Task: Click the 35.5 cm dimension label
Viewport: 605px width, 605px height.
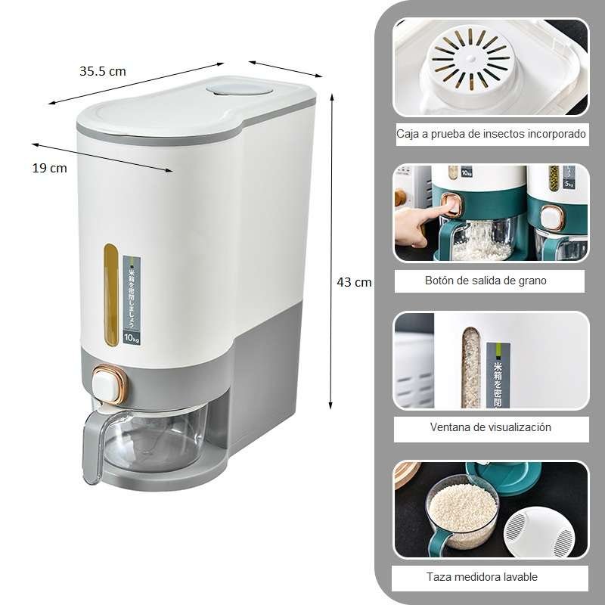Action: coord(103,72)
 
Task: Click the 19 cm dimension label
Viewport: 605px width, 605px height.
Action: coord(49,168)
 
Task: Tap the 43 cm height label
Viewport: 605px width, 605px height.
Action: coord(354,282)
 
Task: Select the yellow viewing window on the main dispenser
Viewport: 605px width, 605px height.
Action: coord(112,294)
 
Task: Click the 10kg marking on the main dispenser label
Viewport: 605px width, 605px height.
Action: coord(131,335)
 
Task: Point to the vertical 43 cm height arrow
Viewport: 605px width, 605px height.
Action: coord(330,250)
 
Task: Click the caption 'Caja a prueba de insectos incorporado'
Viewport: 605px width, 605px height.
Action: coord(491,134)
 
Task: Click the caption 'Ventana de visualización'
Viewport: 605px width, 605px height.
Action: coord(491,427)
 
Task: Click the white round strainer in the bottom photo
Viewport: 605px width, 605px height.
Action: coord(539,533)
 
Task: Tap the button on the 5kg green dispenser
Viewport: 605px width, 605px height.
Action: coord(551,217)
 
